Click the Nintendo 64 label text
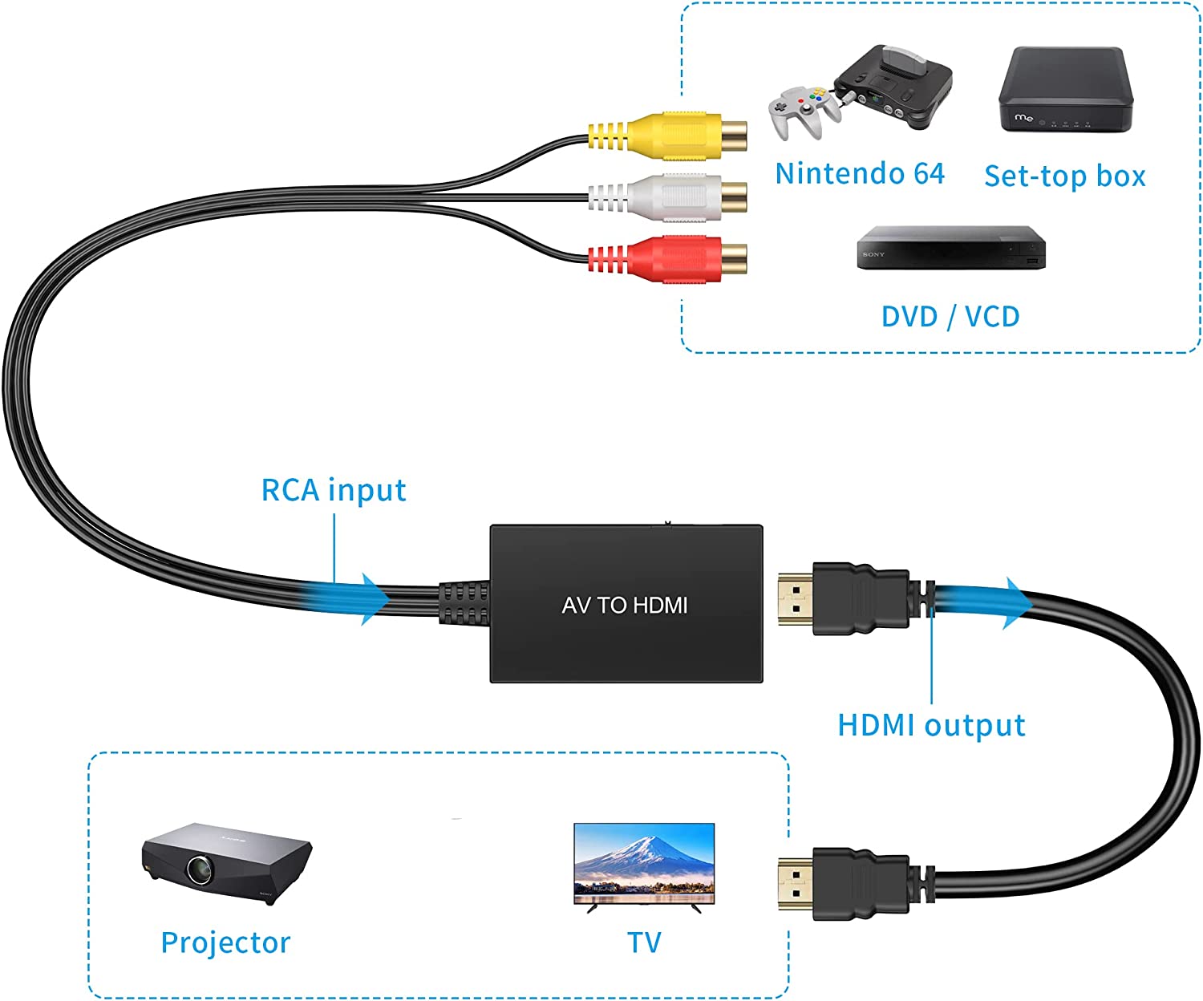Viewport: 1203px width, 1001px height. point(859,173)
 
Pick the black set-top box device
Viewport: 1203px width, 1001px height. point(1065,90)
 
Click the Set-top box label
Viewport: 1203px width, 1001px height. point(1064,176)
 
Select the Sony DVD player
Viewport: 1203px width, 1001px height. point(951,248)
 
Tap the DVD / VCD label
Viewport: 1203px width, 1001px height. point(950,316)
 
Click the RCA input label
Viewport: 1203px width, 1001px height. point(334,490)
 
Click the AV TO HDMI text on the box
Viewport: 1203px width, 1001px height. point(625,606)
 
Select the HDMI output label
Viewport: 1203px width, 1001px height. point(931,725)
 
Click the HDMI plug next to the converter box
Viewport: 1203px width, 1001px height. point(842,599)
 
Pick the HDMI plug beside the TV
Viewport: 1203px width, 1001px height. point(842,883)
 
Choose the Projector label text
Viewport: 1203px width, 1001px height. point(225,942)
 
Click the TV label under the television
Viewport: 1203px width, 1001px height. point(644,942)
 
